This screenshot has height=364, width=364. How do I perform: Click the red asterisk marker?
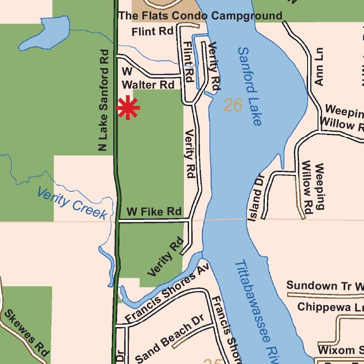[128, 108]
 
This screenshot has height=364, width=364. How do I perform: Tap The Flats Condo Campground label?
[200, 16]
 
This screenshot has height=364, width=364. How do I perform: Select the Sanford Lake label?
[249, 86]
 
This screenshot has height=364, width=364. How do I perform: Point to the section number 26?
[233, 105]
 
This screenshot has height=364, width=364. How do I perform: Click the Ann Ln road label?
[318, 66]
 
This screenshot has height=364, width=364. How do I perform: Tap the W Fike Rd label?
[154, 211]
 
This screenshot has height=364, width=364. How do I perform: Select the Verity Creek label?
[72, 202]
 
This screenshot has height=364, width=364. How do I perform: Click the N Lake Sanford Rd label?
[104, 100]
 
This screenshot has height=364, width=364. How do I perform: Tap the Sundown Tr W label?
[325, 286]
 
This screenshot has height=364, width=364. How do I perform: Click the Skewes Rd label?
[27, 333]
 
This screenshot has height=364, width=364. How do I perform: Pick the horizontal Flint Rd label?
[153, 32]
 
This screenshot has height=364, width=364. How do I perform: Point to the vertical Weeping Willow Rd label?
[314, 187]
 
